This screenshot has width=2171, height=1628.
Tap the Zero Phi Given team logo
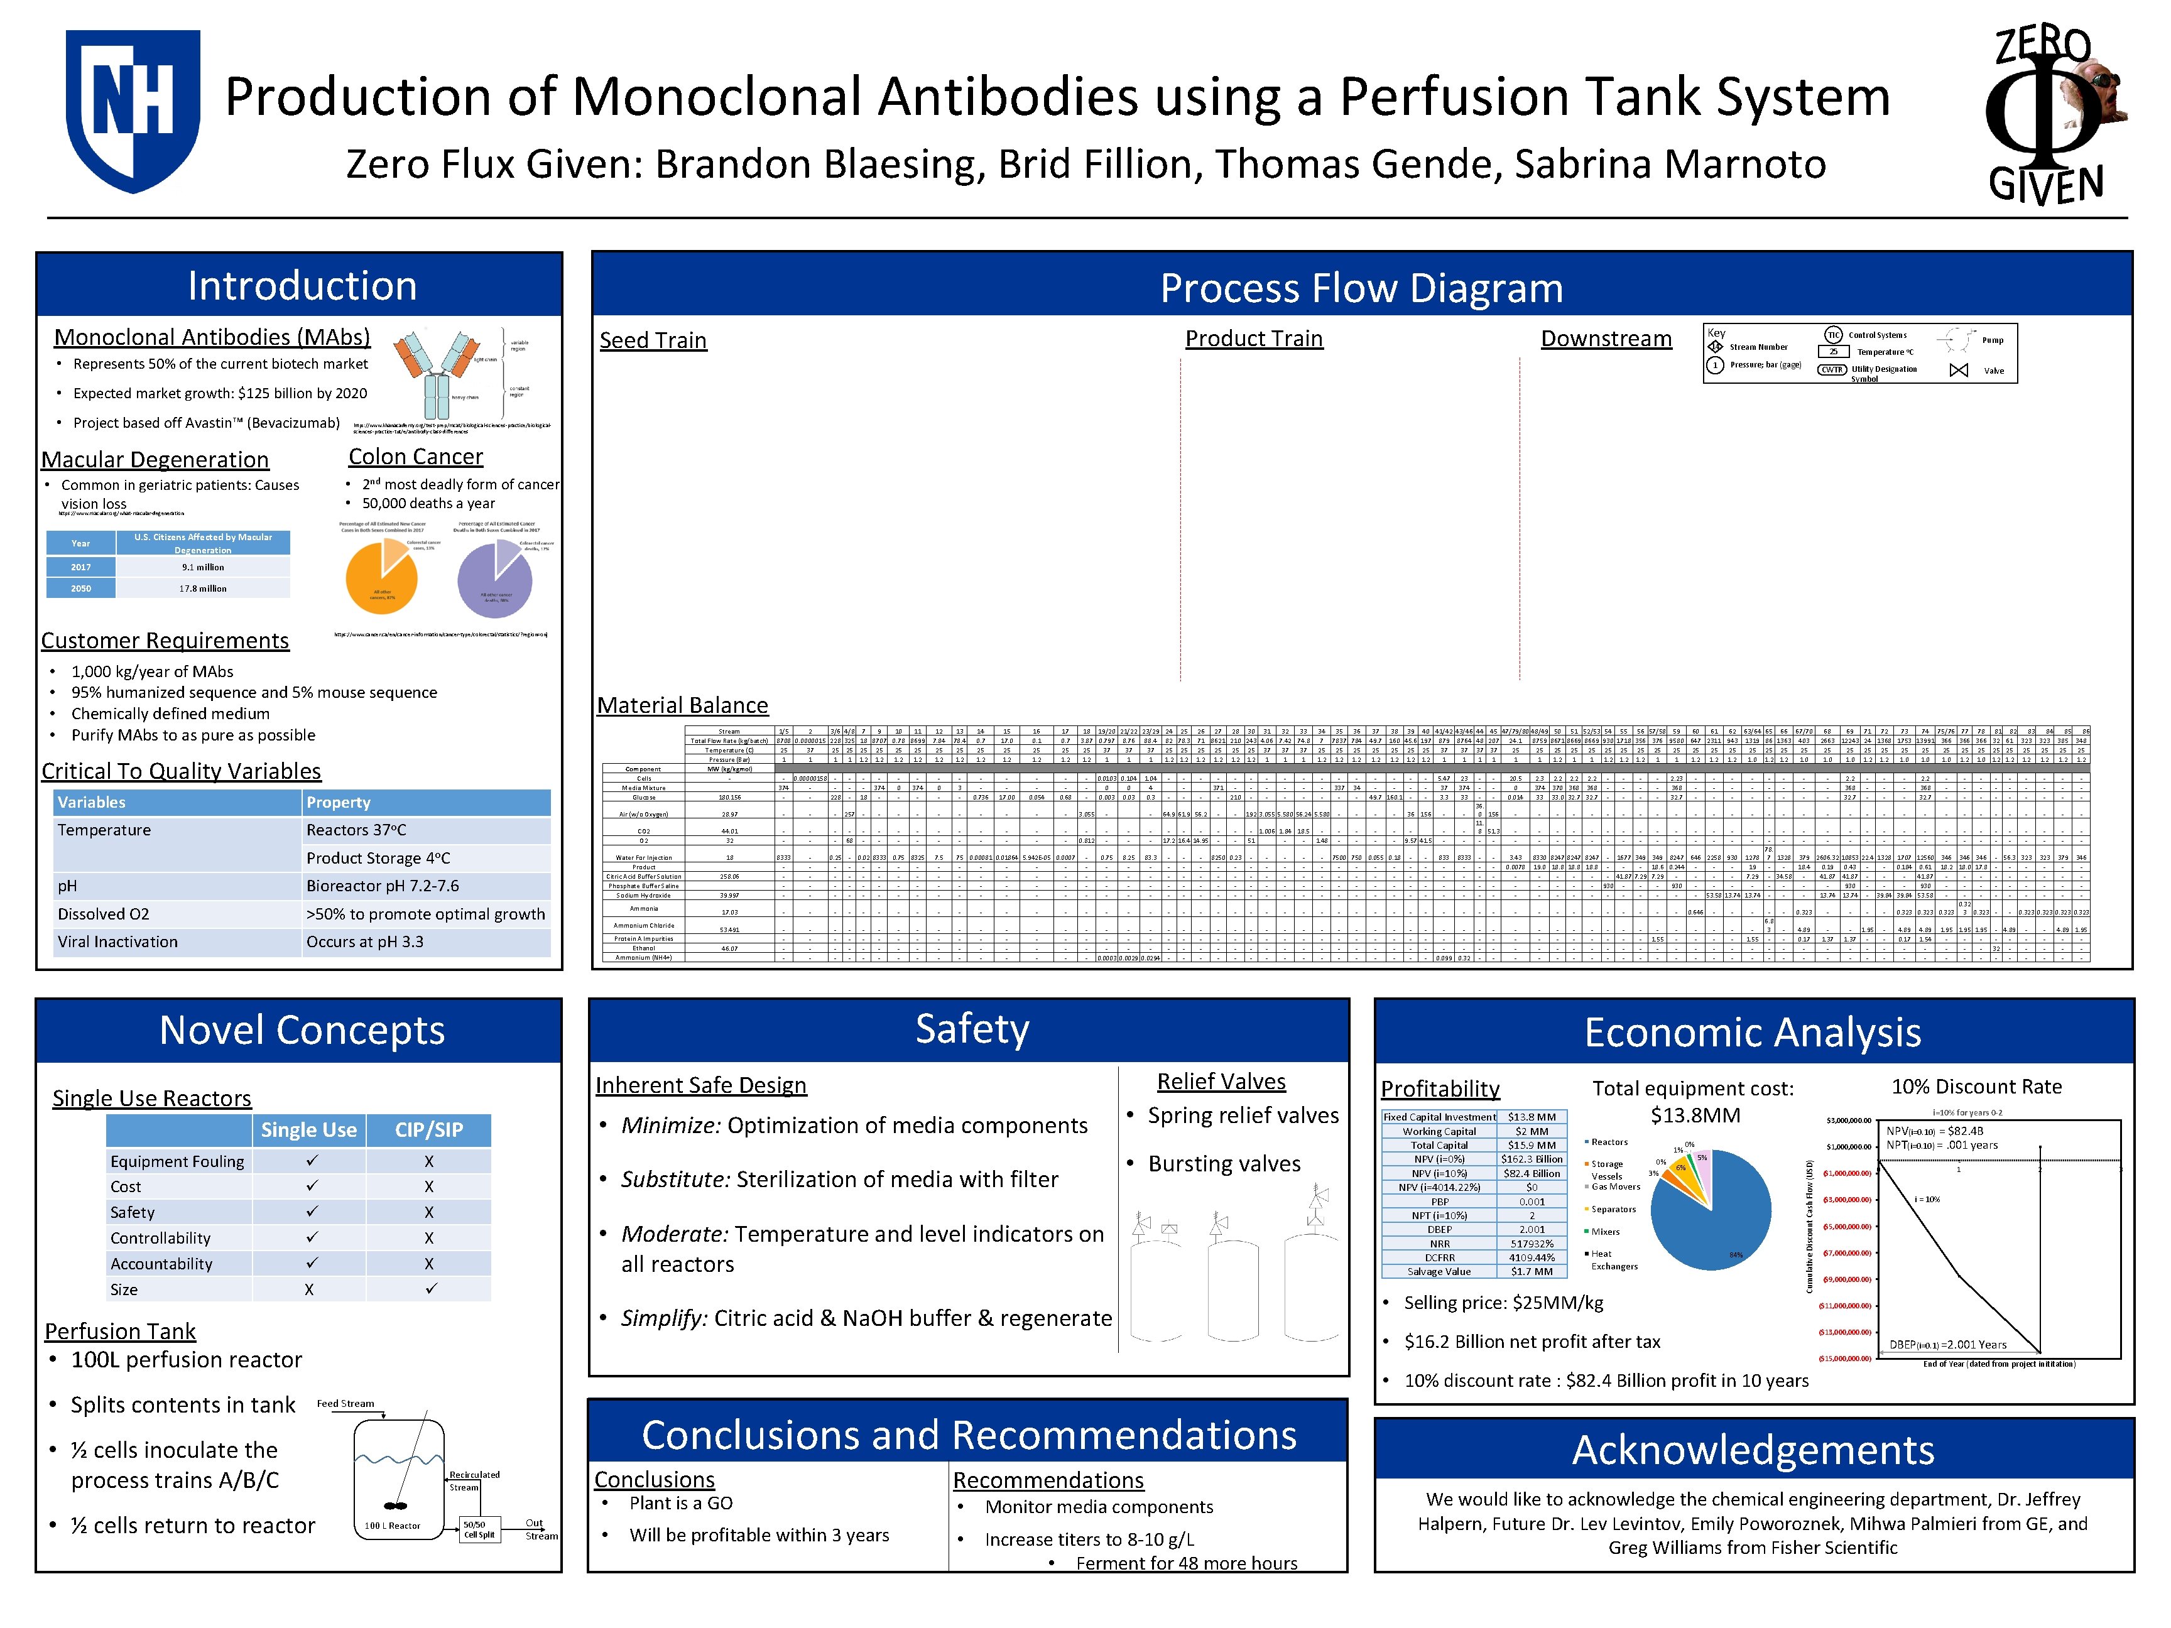point(2051,116)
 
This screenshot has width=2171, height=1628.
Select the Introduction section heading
point(302,286)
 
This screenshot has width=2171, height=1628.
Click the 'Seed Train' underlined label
point(653,340)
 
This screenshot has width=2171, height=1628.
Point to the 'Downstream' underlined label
point(1606,339)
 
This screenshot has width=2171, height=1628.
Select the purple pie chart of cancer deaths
point(494,579)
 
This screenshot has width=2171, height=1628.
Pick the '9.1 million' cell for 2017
point(203,567)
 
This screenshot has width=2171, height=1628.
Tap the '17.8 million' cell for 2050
point(203,589)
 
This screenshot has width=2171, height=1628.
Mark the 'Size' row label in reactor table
point(124,1289)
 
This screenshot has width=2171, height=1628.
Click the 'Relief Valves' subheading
point(1221,1082)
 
